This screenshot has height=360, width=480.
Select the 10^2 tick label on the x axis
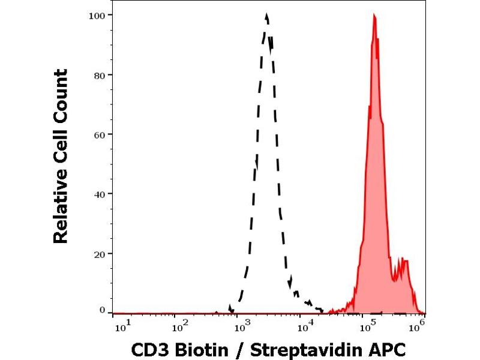(x=181, y=326)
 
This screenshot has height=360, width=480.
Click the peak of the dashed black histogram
(x=266, y=16)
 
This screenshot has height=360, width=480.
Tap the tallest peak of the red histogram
(x=374, y=16)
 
